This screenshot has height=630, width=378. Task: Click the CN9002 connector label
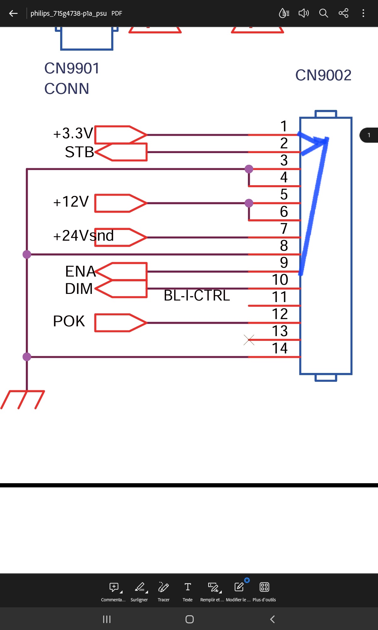coord(323,75)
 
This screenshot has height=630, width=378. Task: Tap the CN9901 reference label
coord(72,68)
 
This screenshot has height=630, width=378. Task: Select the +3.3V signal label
coord(73,133)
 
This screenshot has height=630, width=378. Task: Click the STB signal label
coord(79,152)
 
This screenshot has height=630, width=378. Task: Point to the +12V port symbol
coord(121,203)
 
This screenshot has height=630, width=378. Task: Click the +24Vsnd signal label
coord(83,236)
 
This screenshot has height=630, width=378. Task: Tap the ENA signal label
coord(80,271)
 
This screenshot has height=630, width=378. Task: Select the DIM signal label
coord(79,289)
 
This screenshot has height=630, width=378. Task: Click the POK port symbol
coord(121,323)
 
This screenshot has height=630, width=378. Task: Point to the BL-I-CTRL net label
coord(197,295)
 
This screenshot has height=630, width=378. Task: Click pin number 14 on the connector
coord(280,348)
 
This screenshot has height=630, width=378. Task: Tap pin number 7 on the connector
coord(284,228)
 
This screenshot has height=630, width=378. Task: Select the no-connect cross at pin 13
coord(249,340)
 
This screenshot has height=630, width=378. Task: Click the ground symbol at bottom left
coord(23,399)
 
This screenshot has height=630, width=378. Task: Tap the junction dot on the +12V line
coord(249,203)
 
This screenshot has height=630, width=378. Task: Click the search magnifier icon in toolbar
coord(324,13)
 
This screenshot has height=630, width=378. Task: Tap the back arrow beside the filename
coord(13,13)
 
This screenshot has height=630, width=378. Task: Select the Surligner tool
coord(139,591)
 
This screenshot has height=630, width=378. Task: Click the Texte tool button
coord(188,591)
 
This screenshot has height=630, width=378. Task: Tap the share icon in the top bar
coord(343,13)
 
